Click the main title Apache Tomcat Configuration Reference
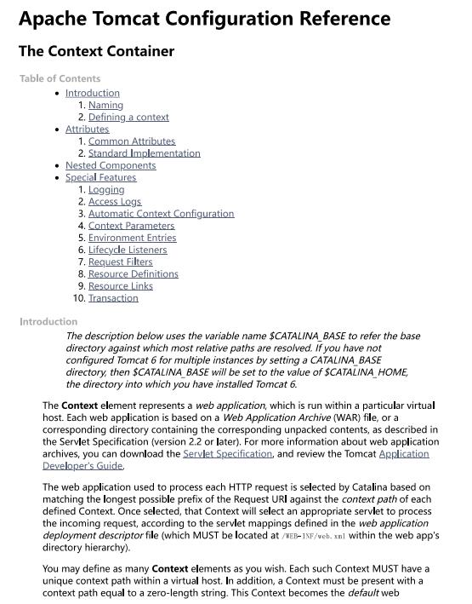[x=204, y=19]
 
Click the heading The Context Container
[x=96, y=51]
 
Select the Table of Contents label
[x=60, y=78]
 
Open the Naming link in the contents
[x=105, y=106]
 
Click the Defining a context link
[x=128, y=118]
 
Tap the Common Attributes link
[x=132, y=141]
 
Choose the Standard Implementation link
[x=144, y=153]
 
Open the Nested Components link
[x=111, y=165]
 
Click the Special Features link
[x=100, y=177]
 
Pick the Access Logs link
[x=115, y=202]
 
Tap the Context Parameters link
[x=131, y=226]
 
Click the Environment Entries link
[x=133, y=238]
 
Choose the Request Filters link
[x=120, y=262]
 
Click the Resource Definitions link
[x=133, y=274]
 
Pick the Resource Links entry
[x=120, y=286]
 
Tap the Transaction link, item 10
[x=113, y=298]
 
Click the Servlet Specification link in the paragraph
[x=227, y=454]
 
